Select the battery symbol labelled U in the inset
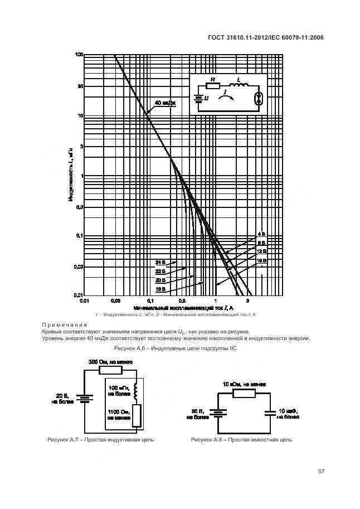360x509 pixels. click(x=198, y=98)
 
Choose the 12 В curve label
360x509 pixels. click(x=261, y=251)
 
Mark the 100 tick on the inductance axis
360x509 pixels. click(x=79, y=55)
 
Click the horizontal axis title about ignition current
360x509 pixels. click(x=183, y=307)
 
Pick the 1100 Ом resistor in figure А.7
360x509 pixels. click(x=135, y=414)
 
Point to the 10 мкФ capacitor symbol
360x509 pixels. click(x=269, y=413)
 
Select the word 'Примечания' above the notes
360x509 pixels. click(x=64, y=325)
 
